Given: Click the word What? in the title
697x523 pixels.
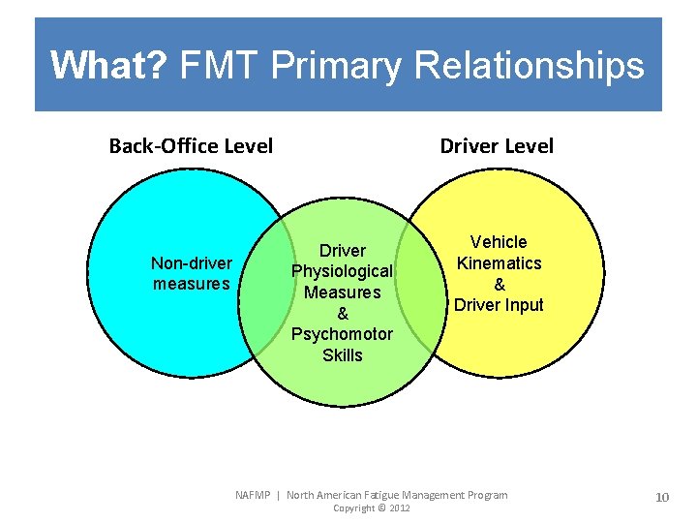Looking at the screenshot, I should coord(109,66).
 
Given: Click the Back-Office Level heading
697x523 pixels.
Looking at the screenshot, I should coord(191,146).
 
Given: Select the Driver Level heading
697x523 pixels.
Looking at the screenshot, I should coord(497,146).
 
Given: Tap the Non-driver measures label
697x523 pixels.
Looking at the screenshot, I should coord(192,273).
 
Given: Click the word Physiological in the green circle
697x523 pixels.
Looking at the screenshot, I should coord(343,271).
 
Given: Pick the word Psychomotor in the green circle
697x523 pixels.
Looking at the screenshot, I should coord(343,334).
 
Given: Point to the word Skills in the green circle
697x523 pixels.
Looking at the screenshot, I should coord(343,355).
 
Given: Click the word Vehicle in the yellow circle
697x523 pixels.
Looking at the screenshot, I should coord(499,242).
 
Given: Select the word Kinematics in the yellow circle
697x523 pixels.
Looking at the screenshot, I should coord(499,263).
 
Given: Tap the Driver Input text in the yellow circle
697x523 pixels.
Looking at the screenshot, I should coord(499,305).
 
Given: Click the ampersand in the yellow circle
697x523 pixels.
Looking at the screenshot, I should coord(499,285).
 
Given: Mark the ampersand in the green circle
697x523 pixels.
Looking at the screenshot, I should coord(343,314).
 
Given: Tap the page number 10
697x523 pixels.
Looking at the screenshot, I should coord(662,497).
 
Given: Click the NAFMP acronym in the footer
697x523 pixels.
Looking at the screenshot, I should coord(255,495).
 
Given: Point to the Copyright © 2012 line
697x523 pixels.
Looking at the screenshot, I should coord(372,508).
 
